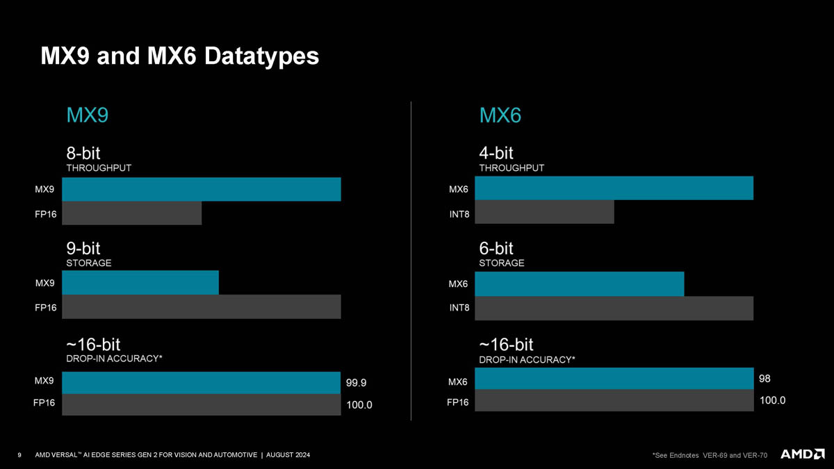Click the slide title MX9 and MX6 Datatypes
(x=179, y=55)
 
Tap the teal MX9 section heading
(x=87, y=115)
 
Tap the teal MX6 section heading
(x=500, y=115)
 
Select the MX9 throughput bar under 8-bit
(x=202, y=189)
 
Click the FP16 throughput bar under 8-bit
(x=132, y=213)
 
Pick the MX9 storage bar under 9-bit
(x=140, y=283)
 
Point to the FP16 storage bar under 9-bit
(x=202, y=306)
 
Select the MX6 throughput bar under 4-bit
(x=614, y=188)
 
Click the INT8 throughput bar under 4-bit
(x=544, y=212)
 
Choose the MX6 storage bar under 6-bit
(x=579, y=283)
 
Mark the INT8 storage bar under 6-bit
(x=614, y=308)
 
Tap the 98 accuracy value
(x=765, y=379)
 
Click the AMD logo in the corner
(x=803, y=454)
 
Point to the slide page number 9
(x=19, y=454)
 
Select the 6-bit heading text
(x=496, y=248)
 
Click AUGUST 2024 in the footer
(x=288, y=454)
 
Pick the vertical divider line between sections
(x=411, y=261)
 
